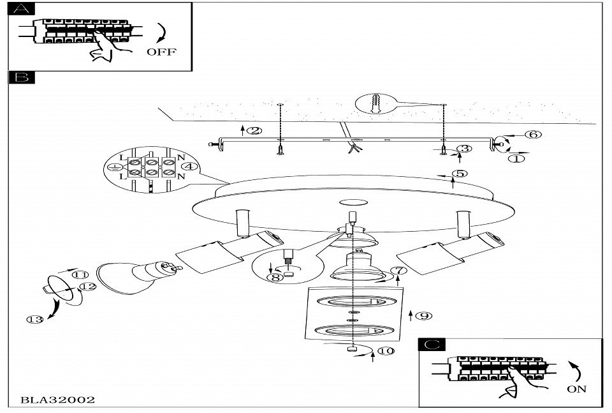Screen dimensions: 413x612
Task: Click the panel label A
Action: tap(22, 9)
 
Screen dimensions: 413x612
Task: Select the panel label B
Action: tap(22, 77)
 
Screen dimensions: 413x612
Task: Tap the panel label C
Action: tap(432, 345)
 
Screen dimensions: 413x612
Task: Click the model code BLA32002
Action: tap(58, 400)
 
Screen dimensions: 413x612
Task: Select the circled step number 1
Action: tap(518, 158)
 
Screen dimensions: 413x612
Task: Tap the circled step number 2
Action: tap(254, 131)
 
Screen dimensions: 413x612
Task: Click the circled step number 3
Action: tap(465, 148)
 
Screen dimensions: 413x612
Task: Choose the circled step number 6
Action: tap(534, 134)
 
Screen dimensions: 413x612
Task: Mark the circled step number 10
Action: tap(386, 351)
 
